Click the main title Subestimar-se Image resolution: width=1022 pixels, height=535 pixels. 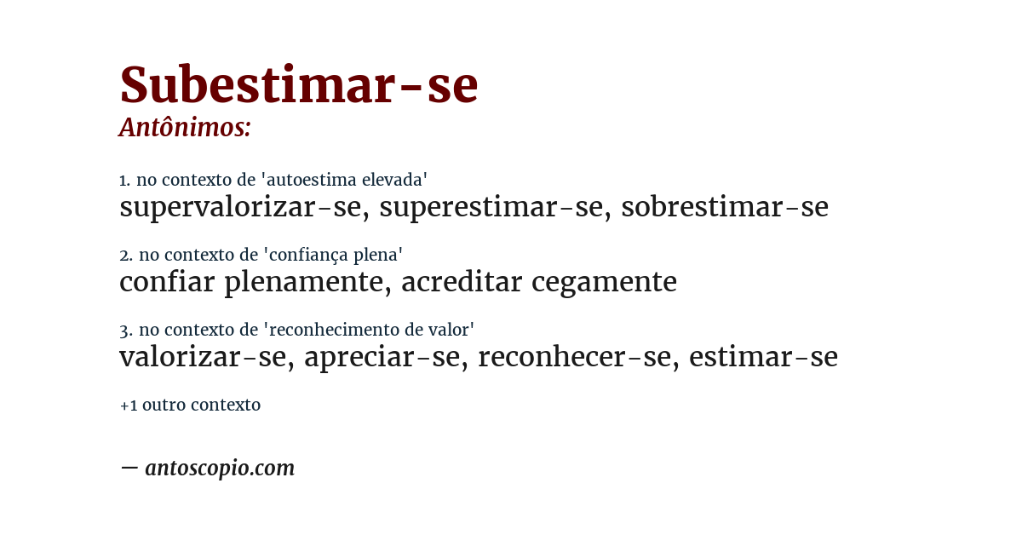(298, 85)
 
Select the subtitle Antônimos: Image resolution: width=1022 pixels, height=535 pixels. (185, 128)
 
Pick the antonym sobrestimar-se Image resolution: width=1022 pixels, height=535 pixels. (724, 207)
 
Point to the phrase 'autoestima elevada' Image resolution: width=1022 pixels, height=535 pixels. (344, 180)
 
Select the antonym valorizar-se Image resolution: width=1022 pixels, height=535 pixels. (202, 357)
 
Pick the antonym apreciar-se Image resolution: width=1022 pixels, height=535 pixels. (382, 357)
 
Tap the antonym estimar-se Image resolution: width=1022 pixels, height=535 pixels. (763, 357)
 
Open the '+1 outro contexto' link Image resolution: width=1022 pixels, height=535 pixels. (190, 405)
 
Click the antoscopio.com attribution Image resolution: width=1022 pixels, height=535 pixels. (219, 468)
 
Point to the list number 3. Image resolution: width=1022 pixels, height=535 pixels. (125, 331)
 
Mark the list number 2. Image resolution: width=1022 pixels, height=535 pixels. (125, 256)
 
